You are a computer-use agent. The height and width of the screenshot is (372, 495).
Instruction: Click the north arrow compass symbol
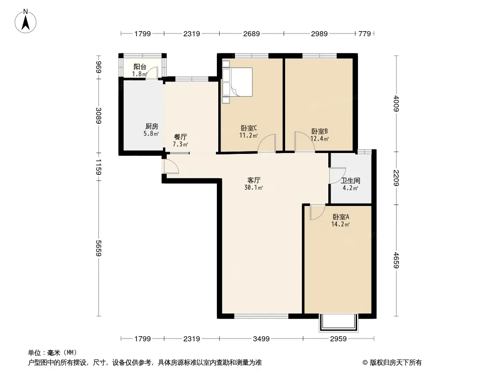pyautogui.click(x=26, y=21)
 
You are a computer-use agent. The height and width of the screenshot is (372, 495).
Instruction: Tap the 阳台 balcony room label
pyautogui.click(x=140, y=66)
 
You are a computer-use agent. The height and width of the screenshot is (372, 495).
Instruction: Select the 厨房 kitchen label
pyautogui.click(x=151, y=126)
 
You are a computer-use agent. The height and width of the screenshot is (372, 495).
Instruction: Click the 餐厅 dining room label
pyautogui.click(x=181, y=137)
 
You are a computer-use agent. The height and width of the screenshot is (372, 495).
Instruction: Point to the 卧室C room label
pyautogui.click(x=249, y=128)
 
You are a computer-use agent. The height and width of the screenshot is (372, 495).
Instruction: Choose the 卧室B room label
pyautogui.click(x=319, y=131)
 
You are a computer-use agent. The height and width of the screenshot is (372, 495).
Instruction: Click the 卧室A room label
pyautogui.click(x=341, y=217)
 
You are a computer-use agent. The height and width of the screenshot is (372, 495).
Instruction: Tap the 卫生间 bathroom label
pyautogui.click(x=351, y=181)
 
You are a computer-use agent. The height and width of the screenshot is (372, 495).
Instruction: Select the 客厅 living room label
pyautogui.click(x=254, y=180)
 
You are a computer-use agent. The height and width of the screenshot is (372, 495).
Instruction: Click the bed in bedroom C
pyautogui.click(x=237, y=81)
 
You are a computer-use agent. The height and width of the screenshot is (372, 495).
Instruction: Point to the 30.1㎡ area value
pyautogui.click(x=254, y=188)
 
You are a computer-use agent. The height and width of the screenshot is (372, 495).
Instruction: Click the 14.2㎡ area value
pyautogui.click(x=340, y=225)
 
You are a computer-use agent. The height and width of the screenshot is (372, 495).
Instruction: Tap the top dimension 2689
pyautogui.click(x=251, y=33)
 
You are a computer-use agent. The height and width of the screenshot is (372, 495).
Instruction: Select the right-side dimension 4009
pyautogui.click(x=397, y=104)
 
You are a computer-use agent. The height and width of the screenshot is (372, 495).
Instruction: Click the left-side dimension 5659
pyautogui.click(x=99, y=248)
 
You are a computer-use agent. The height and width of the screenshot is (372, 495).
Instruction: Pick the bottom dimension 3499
pyautogui.click(x=261, y=339)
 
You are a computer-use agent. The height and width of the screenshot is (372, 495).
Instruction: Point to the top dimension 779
pyautogui.click(x=365, y=33)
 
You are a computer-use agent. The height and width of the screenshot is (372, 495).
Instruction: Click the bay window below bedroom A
pyautogui.click(x=339, y=323)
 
